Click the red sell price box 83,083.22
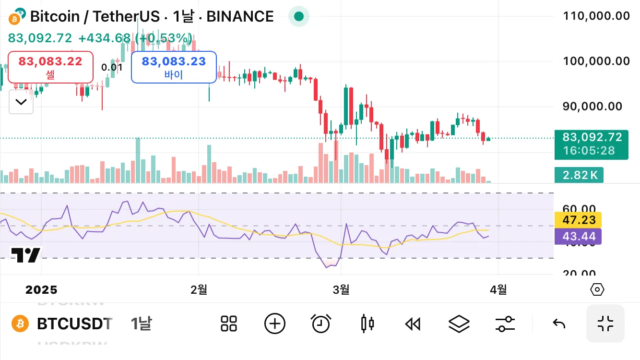[x=50, y=67]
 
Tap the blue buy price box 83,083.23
[x=174, y=67]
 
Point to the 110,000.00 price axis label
[x=596, y=16]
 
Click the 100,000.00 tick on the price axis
[x=596, y=61]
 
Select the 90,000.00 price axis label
[x=592, y=106]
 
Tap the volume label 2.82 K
[x=579, y=175]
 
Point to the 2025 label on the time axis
[x=41, y=290]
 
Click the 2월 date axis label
[x=199, y=289]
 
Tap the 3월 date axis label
[x=341, y=289]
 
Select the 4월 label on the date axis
[x=498, y=289]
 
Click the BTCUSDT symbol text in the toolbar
[x=75, y=324]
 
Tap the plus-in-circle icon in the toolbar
[x=275, y=324]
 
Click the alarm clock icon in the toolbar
[x=321, y=324]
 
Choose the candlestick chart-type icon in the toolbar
[x=367, y=324]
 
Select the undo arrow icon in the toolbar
[x=559, y=324]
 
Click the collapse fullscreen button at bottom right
[x=605, y=324]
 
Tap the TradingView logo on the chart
[x=26, y=255]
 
